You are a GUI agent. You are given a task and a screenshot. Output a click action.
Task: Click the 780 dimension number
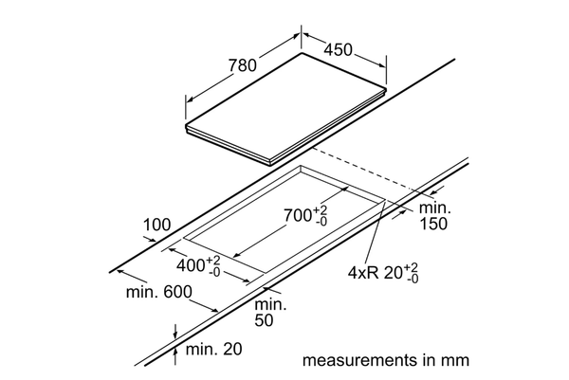(243, 65)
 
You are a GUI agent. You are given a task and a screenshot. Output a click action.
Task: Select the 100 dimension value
(157, 225)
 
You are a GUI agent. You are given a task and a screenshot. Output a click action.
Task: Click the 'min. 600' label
(158, 291)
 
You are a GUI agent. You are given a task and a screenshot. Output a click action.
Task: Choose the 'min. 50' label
(270, 313)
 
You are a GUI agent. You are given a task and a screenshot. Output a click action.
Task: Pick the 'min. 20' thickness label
(213, 350)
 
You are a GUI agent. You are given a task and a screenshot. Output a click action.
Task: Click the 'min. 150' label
(435, 214)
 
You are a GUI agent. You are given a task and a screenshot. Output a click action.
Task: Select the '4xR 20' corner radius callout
(378, 273)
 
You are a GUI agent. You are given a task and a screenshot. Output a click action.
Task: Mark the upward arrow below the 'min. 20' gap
(176, 353)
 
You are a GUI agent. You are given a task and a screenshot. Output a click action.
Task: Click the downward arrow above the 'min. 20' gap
(176, 329)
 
